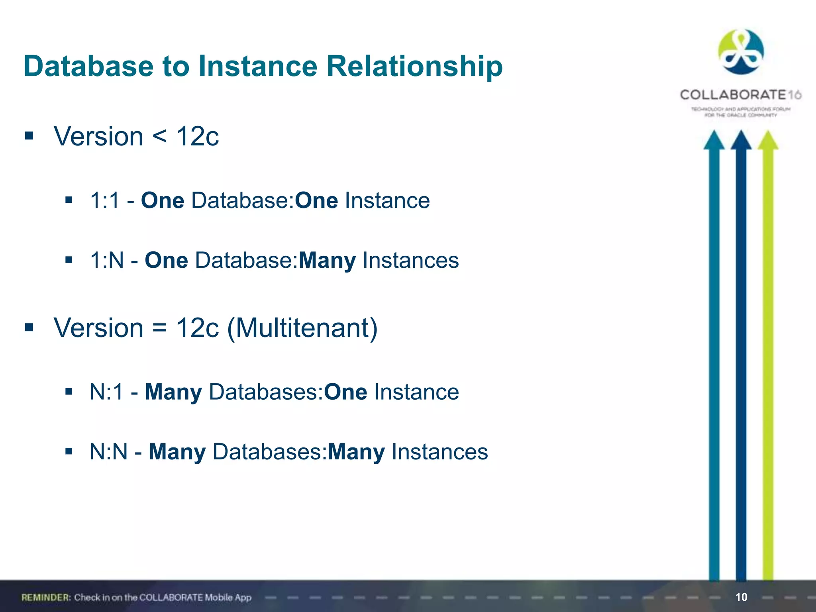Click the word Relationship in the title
click(x=414, y=66)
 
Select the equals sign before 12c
click(x=159, y=328)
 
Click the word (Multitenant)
click(x=302, y=328)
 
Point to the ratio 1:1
click(x=104, y=200)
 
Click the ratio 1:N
click(x=107, y=261)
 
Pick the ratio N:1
click(x=107, y=392)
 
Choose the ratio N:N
click(x=108, y=452)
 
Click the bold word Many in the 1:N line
click(x=327, y=261)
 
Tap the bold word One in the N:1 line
click(x=345, y=392)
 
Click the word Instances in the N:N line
click(x=439, y=452)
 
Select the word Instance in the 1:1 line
click(x=387, y=200)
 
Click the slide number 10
click(x=741, y=597)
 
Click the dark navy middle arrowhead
click(x=741, y=140)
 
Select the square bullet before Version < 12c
click(x=29, y=136)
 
